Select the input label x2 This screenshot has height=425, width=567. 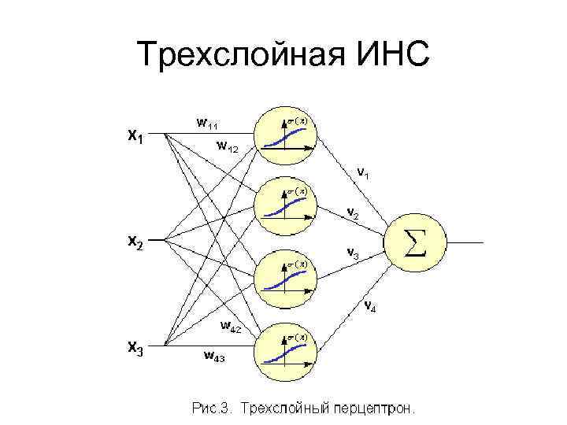(135, 243)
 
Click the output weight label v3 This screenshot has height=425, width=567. (354, 253)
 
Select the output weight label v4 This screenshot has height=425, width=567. (369, 306)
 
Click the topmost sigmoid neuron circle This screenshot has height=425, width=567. (287, 135)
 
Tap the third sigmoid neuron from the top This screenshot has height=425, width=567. (287, 278)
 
